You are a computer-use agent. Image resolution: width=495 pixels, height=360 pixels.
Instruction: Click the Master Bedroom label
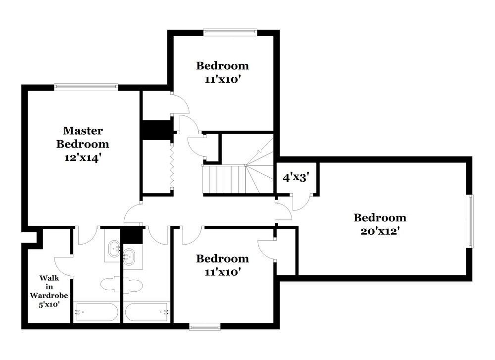pyautogui.click(x=83, y=137)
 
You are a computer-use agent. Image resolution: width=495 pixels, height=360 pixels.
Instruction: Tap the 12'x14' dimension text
pyautogui.click(x=83, y=157)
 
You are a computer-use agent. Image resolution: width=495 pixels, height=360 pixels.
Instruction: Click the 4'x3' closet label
pyautogui.click(x=296, y=177)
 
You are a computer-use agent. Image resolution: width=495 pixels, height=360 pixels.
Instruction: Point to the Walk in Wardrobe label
pyautogui.click(x=49, y=287)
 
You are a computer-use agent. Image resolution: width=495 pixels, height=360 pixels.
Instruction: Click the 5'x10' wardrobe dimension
pyautogui.click(x=49, y=304)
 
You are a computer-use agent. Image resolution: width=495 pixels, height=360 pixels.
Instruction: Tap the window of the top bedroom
pyautogui.click(x=231, y=33)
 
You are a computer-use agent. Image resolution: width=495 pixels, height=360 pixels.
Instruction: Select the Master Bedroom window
pyautogui.click(x=86, y=87)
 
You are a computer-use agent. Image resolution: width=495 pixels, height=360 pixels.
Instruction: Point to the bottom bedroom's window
pyautogui.click(x=205, y=326)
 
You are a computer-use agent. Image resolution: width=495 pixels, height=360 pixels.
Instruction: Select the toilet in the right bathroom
pyautogui.click(x=134, y=285)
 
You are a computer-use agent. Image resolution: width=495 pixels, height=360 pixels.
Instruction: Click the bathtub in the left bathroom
pyautogui.click(x=96, y=312)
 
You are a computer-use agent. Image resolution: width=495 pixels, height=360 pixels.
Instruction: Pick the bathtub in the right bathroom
pyautogui.click(x=148, y=312)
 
